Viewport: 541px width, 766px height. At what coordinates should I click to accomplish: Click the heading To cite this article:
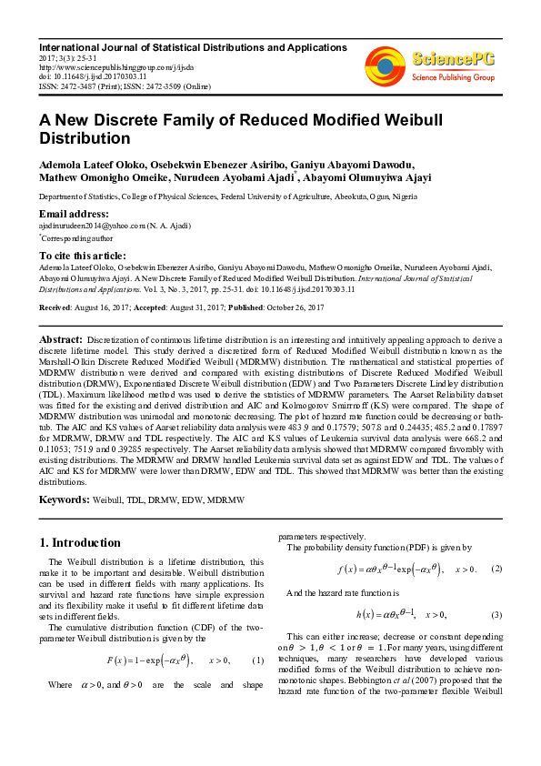point(83,256)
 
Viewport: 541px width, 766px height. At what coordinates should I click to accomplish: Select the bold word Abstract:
point(61,338)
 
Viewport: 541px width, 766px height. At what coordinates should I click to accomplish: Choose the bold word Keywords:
point(64,500)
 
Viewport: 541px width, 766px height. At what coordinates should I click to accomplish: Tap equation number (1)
point(257,660)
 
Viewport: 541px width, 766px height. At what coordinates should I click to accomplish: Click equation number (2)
point(496,569)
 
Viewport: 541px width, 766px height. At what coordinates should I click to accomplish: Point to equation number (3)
point(496,614)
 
